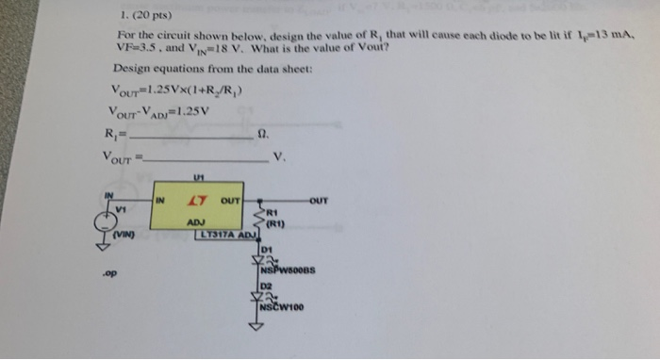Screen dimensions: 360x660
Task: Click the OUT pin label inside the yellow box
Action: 230,200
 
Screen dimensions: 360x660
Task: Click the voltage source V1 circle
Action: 105,222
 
